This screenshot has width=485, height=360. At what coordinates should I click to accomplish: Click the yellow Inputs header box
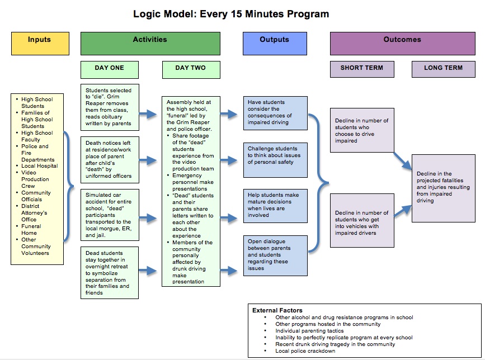[40, 42]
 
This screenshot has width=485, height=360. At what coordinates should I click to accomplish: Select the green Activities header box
[150, 42]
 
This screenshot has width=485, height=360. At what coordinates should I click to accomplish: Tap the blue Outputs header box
[274, 42]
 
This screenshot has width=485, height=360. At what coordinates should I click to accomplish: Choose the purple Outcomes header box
[402, 42]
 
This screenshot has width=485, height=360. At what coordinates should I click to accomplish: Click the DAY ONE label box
[110, 69]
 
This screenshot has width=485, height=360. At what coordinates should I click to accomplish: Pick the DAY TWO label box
[190, 69]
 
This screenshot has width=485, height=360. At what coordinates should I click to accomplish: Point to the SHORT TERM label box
[361, 69]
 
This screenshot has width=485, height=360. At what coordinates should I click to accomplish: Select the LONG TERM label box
[443, 69]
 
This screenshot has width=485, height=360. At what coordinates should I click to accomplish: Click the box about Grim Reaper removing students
[110, 107]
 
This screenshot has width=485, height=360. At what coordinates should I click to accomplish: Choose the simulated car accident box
[110, 215]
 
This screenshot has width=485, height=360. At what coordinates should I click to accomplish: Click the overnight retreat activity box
[110, 273]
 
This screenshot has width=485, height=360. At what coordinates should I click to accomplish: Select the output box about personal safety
[275, 155]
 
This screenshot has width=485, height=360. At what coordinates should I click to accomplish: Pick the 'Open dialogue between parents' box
[275, 255]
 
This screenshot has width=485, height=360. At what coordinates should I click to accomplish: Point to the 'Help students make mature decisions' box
[275, 205]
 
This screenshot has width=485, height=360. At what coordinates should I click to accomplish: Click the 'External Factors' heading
[277, 310]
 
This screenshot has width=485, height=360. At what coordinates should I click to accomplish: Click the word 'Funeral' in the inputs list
[31, 226]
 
